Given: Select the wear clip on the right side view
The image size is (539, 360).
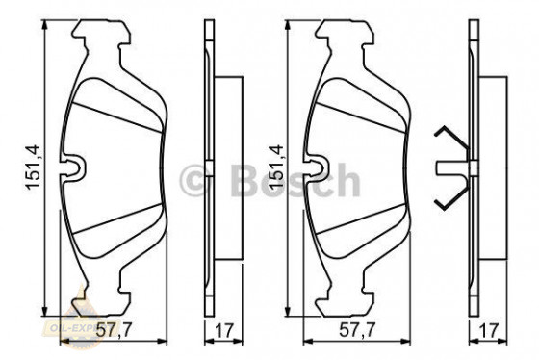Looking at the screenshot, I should tap(449, 170).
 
